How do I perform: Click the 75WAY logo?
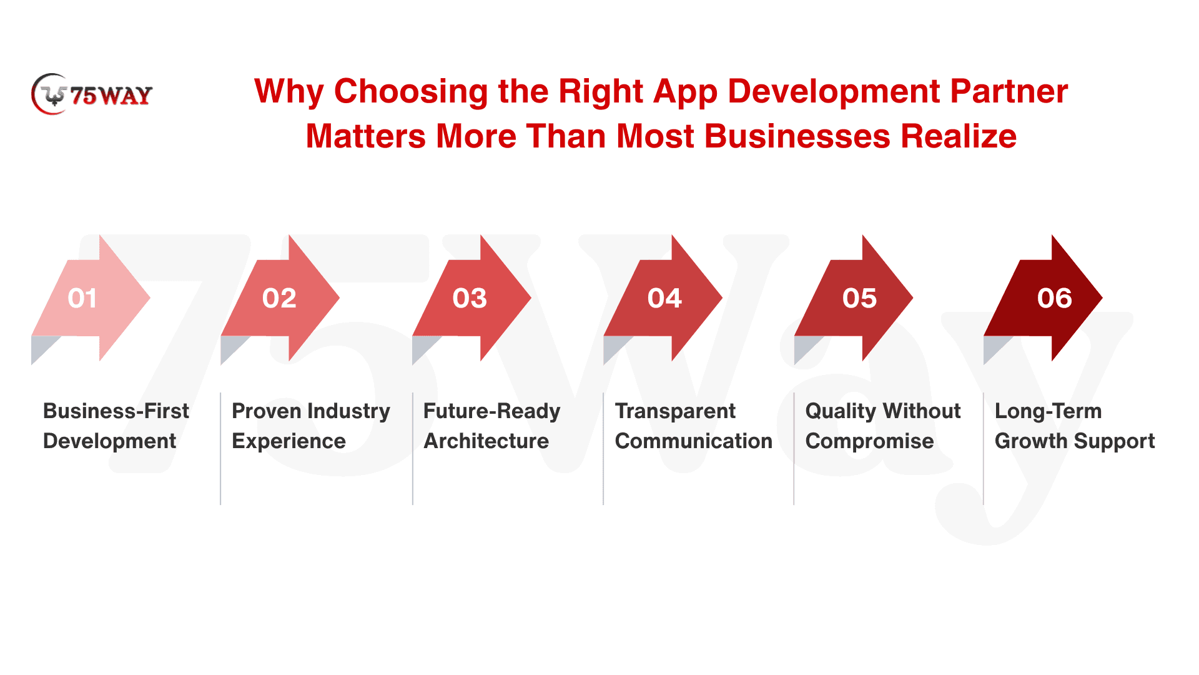tap(92, 94)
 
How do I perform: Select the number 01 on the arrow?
tap(82, 298)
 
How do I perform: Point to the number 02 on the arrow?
tap(279, 298)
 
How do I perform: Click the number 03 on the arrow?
tap(470, 298)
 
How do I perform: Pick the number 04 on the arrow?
tap(664, 298)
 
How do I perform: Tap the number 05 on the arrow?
tap(859, 298)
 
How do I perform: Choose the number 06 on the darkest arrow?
tap(1054, 298)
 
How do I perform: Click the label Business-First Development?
tap(116, 426)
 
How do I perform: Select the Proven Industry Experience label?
tap(311, 426)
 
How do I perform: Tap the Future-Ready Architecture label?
tap(492, 426)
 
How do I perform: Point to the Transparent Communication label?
tap(694, 426)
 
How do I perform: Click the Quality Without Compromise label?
tap(883, 426)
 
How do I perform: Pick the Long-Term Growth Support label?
tap(1075, 426)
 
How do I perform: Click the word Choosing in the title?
tap(411, 92)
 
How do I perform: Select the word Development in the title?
tap(834, 92)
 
